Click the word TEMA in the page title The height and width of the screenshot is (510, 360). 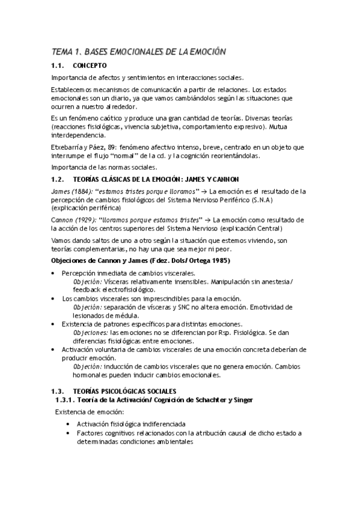pos(61,52)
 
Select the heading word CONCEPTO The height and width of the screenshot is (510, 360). pos(90,65)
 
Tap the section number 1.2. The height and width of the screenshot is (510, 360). pos(58,179)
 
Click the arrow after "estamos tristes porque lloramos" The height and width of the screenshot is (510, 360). pos(204,191)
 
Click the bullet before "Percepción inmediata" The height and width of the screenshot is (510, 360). pos(55,273)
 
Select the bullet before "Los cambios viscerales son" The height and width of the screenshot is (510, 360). pos(55,299)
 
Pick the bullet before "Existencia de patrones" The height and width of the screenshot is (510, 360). pos(55,324)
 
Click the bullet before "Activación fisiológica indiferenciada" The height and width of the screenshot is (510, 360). pos(70,425)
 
